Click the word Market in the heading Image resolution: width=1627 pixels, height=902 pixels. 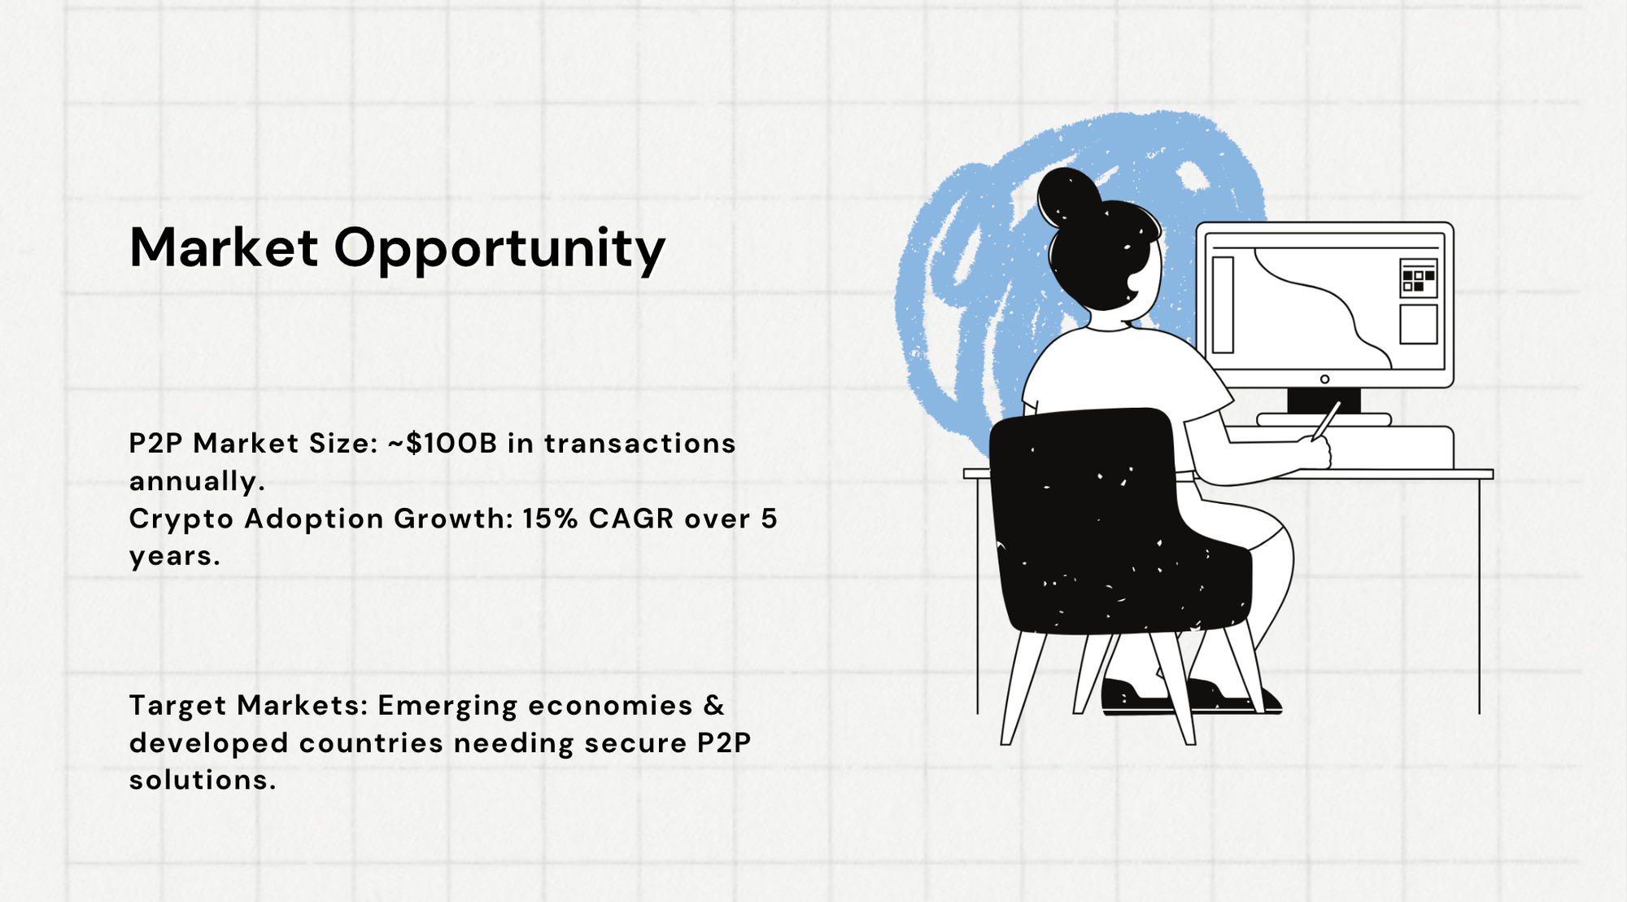(x=224, y=247)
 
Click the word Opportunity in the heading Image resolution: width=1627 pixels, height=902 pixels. (x=499, y=251)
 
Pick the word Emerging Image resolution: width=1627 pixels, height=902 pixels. (x=447, y=707)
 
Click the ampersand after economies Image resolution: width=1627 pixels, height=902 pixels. (x=714, y=705)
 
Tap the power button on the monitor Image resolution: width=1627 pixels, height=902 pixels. (x=1324, y=379)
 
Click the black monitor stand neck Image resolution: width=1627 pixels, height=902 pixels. (x=1324, y=401)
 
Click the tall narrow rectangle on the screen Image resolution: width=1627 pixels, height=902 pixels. (x=1223, y=304)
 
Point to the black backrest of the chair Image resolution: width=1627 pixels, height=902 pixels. (x=1119, y=521)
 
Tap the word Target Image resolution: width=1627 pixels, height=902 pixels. (x=178, y=707)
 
